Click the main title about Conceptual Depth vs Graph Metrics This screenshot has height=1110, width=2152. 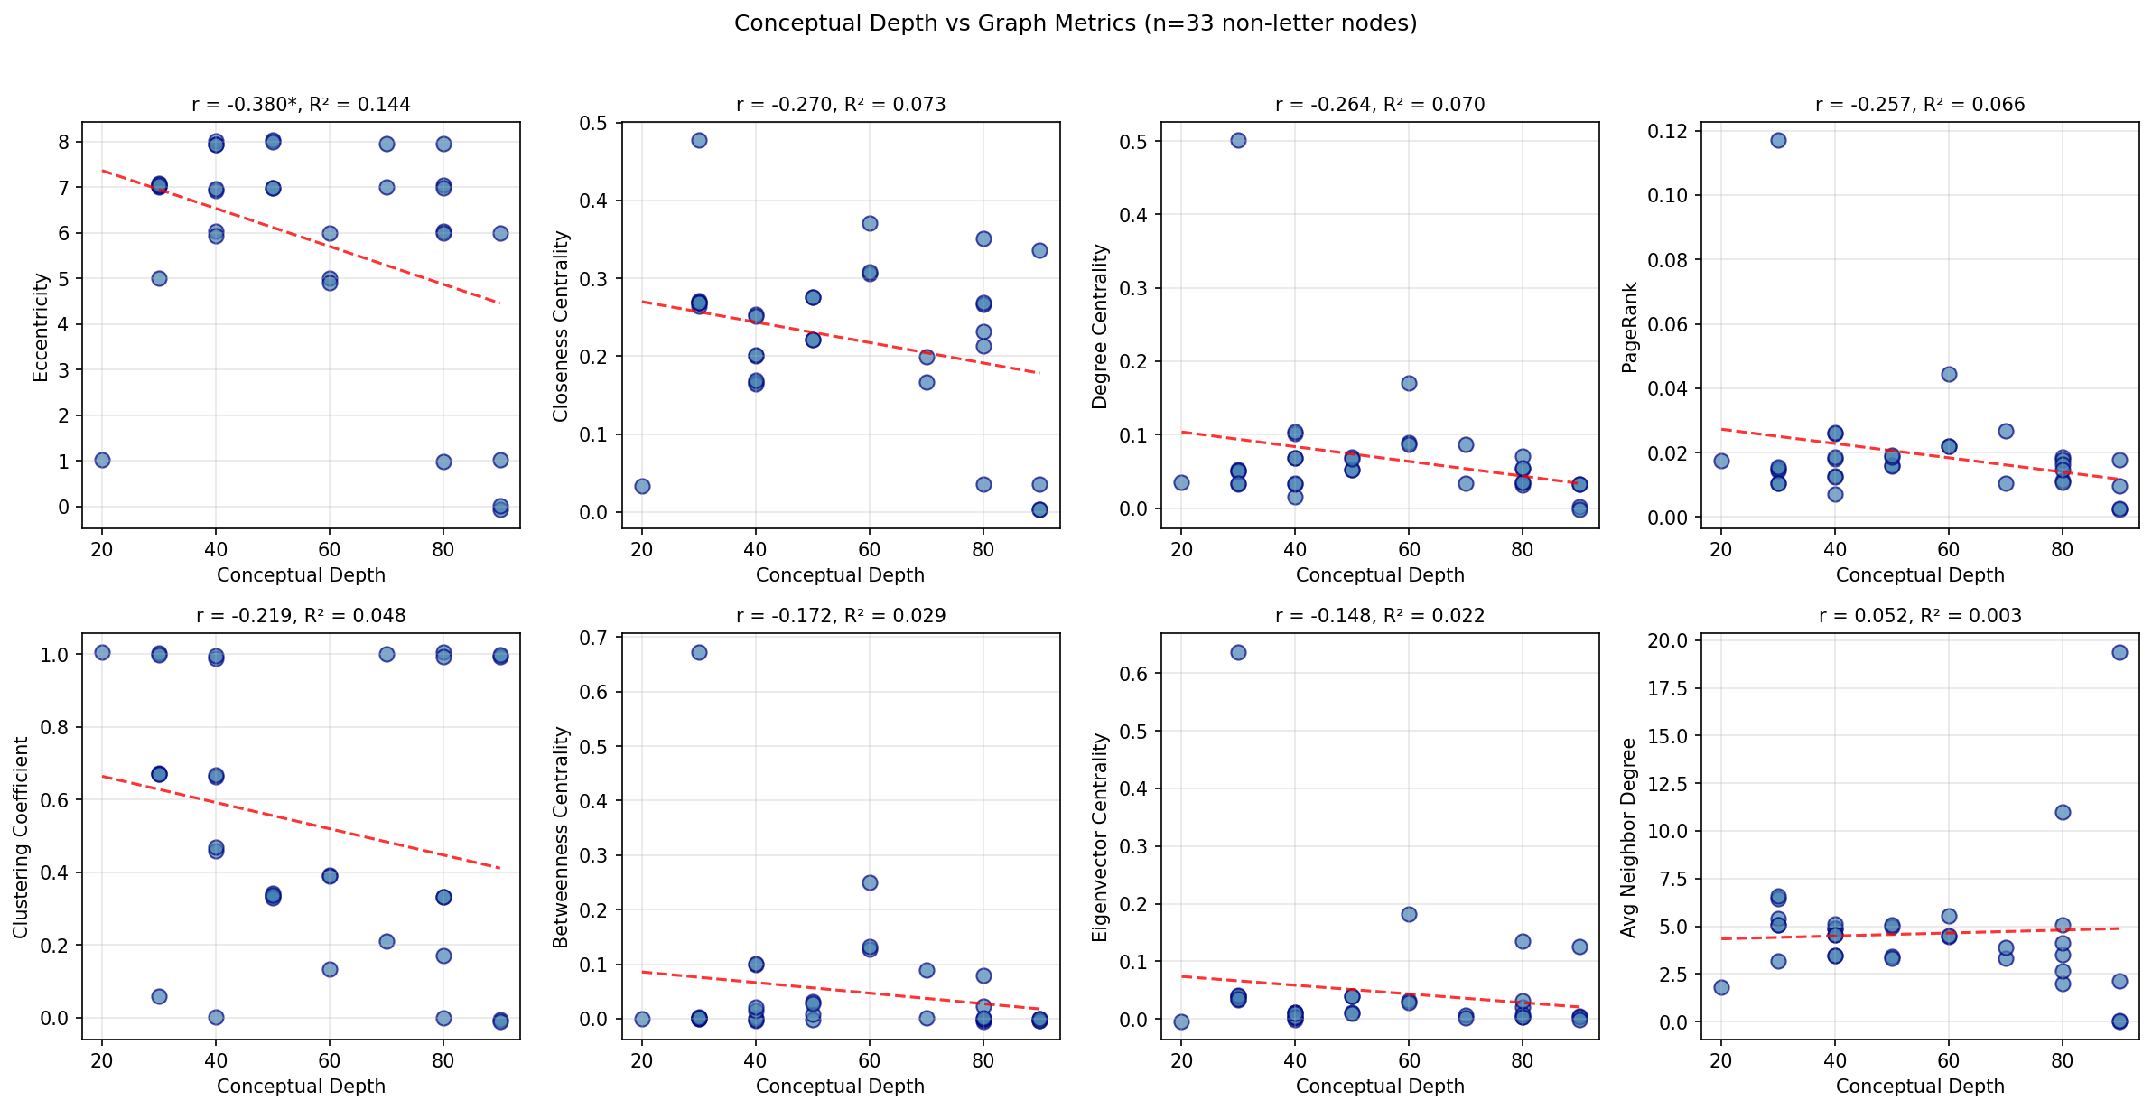click(1076, 23)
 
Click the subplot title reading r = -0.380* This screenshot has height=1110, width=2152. click(301, 105)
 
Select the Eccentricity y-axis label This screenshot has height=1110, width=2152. click(41, 328)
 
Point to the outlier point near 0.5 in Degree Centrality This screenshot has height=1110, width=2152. click(1238, 140)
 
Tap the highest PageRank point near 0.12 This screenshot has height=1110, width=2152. click(1778, 140)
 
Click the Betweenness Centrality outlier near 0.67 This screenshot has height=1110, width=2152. click(699, 652)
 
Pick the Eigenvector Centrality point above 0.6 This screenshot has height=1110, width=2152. click(1238, 652)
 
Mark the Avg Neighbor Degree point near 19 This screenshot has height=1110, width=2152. click(2119, 652)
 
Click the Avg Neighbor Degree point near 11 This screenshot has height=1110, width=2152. click(2063, 812)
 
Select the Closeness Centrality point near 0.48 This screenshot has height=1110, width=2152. click(699, 140)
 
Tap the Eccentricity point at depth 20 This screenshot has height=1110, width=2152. click(102, 460)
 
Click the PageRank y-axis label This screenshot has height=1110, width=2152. click(1630, 327)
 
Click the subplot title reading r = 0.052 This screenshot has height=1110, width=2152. click(1920, 616)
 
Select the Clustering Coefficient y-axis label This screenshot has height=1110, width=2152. click(21, 837)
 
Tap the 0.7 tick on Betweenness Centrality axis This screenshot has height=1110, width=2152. click(594, 639)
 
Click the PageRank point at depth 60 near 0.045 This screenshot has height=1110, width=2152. click(1949, 374)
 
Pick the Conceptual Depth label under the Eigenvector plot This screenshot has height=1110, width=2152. click(1380, 1087)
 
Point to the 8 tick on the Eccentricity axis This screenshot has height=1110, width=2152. click(63, 142)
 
